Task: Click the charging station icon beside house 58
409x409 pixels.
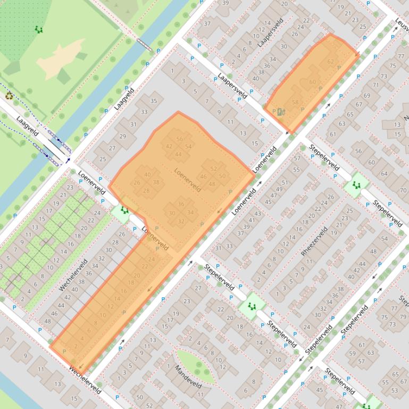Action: (x=281, y=112)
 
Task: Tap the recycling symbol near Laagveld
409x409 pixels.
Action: (x=9, y=96)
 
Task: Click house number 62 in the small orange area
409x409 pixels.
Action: (x=331, y=62)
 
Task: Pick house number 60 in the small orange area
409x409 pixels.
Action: (x=313, y=82)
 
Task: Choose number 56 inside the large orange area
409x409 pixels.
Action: (x=180, y=139)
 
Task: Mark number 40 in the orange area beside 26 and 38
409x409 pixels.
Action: (x=147, y=175)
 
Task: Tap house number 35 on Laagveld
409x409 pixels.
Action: (x=154, y=101)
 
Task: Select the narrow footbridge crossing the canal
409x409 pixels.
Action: (x=144, y=44)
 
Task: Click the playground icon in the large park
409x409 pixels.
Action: (x=38, y=30)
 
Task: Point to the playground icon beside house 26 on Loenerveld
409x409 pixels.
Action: (x=124, y=210)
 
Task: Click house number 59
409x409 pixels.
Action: (x=352, y=353)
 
